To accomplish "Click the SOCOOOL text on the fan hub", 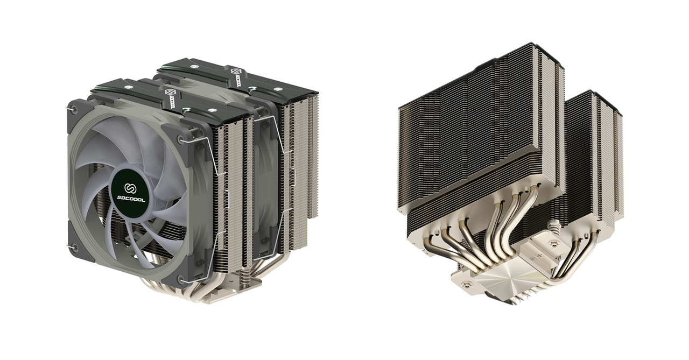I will tap(129, 199).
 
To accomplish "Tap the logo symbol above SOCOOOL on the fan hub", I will tap(129, 188).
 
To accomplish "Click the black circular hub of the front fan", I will tap(129, 193).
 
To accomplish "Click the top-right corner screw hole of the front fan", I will tap(186, 142).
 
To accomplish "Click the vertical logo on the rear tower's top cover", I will tap(236, 79).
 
